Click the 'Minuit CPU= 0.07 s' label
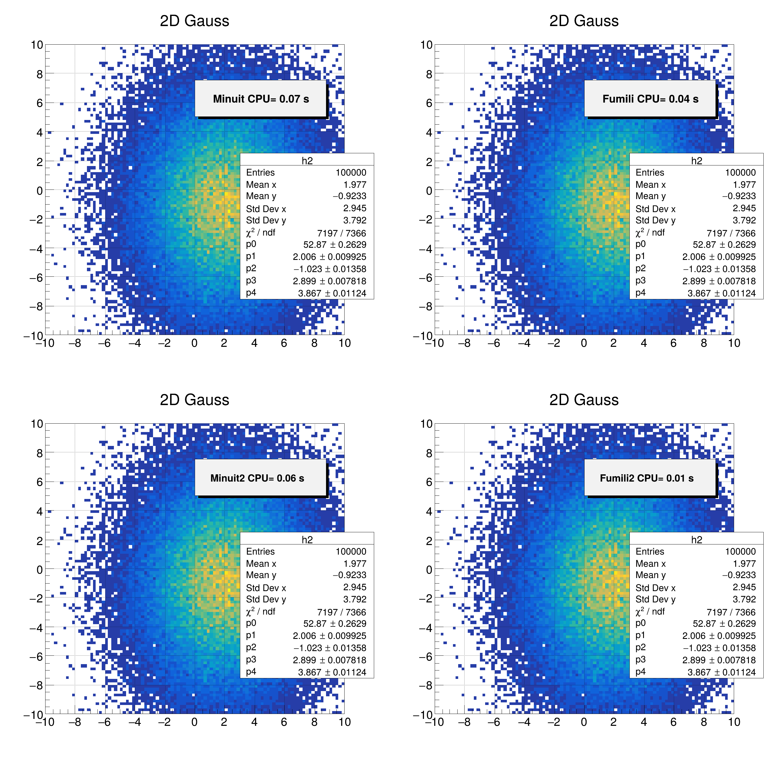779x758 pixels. pos(261,99)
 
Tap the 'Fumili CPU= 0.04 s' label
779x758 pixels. pos(650,99)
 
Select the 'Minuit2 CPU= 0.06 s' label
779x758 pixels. pos(257,478)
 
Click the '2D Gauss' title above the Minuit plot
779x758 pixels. pos(194,21)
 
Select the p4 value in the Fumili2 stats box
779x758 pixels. pos(721,672)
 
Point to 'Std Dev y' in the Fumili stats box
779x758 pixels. pos(655,220)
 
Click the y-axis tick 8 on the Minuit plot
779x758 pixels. pos(39,74)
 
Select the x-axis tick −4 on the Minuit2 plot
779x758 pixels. pos(134,722)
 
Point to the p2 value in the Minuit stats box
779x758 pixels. pos(329,269)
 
